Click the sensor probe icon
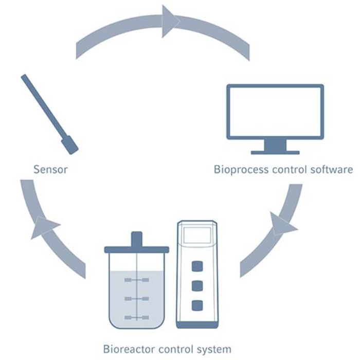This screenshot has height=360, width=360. tap(49, 113)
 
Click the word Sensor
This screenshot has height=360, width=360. tap(50, 169)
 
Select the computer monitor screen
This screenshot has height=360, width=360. tap(276, 112)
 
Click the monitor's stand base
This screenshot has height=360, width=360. tap(275, 152)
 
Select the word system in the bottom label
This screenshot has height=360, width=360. tap(215, 350)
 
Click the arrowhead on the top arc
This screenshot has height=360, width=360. tap(170, 21)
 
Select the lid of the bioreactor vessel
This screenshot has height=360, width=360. tap(136, 249)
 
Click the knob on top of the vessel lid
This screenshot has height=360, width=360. tap(136, 239)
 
